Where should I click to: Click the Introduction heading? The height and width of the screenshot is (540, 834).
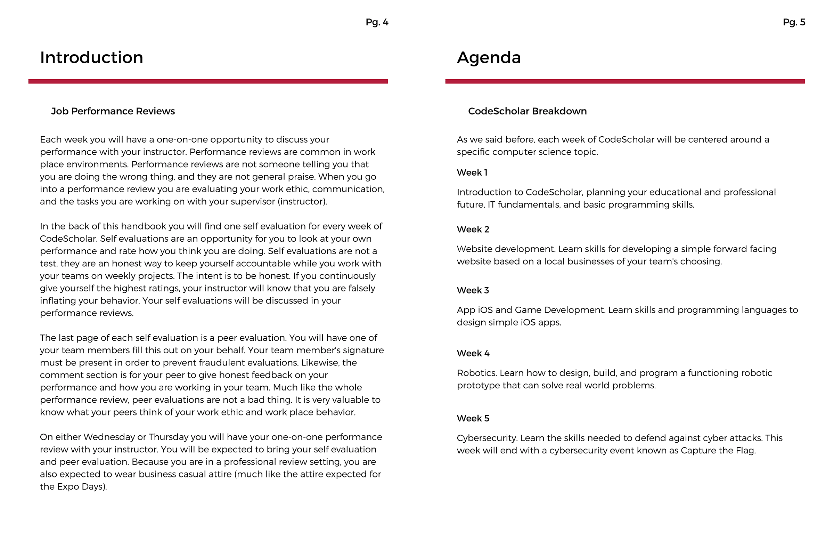tap(91, 57)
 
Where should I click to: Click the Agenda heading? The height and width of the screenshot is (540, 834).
tap(489, 57)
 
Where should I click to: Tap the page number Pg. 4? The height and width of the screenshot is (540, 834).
tap(377, 23)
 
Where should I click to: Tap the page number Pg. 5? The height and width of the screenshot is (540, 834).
tap(794, 23)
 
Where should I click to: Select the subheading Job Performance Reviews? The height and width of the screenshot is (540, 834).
tap(113, 111)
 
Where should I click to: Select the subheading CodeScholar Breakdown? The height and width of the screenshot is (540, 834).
tap(527, 111)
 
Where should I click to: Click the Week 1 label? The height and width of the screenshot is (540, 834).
tap(472, 172)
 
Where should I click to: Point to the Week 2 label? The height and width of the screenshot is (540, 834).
tap(473, 229)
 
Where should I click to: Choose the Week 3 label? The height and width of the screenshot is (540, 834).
tap(472, 290)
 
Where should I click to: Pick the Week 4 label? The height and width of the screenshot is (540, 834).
tap(473, 353)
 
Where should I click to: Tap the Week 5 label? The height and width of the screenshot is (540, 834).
tap(473, 418)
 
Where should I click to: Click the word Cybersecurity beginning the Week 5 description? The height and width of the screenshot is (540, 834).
tap(487, 438)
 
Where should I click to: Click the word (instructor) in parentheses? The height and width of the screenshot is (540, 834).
tap(302, 202)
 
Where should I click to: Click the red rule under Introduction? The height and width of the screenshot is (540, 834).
tap(208, 81)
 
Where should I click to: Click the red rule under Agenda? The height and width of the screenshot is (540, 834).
tap(625, 81)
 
